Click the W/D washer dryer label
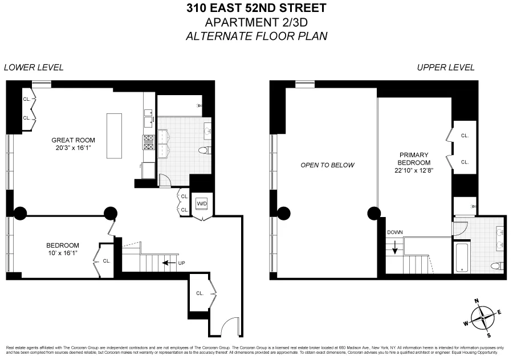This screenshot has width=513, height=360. tap(202, 203)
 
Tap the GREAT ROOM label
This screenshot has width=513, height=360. tap(73, 140)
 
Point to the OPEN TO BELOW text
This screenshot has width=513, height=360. tap(328, 165)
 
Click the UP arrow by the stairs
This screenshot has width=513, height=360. tap(169, 263)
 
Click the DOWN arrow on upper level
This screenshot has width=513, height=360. tap(394, 246)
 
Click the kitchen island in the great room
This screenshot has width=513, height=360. tap(114, 136)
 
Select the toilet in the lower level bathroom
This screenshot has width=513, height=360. tap(203, 150)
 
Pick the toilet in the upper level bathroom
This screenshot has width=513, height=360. tap(496, 266)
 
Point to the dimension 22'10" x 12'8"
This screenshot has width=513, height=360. tap(413, 170)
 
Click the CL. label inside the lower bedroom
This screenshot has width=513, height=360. tap(107, 261)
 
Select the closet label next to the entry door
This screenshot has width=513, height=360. tap(199, 293)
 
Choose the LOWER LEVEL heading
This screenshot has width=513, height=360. tap(34, 67)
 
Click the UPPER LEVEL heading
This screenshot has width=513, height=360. tap(446, 67)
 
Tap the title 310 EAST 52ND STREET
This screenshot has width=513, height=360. tap(256, 8)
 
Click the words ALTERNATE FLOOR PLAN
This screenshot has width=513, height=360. tap(256, 36)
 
